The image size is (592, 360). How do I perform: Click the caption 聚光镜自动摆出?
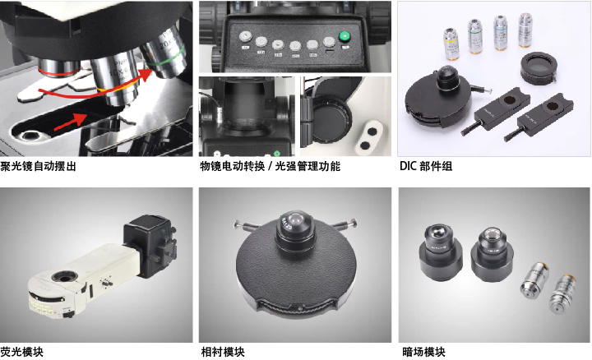[x=38, y=166]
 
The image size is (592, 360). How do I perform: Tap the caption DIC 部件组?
[x=426, y=166]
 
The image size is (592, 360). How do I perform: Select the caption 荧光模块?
[x=22, y=352]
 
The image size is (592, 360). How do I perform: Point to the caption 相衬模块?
[x=223, y=352]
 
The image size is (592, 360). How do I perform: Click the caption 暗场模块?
[x=423, y=352]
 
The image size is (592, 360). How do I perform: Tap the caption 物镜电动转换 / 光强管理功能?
[x=270, y=166]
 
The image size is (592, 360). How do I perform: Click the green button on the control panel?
[x=344, y=37]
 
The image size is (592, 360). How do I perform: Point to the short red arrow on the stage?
[x=71, y=122]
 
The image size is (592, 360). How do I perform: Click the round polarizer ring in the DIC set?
[x=539, y=68]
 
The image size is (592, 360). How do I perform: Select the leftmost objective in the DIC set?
[x=451, y=44]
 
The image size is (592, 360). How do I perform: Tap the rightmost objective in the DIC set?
[x=525, y=30]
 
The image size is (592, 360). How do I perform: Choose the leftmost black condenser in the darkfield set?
[x=441, y=252]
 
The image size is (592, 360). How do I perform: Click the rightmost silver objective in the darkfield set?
[x=563, y=294]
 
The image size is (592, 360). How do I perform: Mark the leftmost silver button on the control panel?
[x=245, y=37]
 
